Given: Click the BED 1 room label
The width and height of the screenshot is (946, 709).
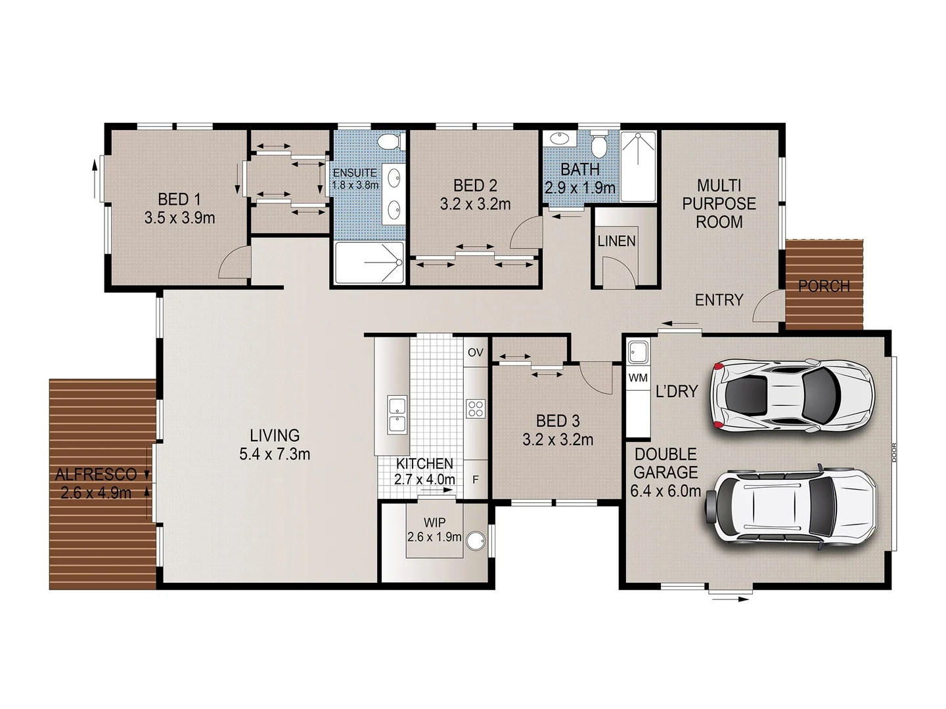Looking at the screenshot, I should tap(179, 199).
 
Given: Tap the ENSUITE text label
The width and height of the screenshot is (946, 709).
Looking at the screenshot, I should tap(355, 174).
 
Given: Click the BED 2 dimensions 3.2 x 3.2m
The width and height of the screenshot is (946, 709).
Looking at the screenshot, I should tap(475, 205).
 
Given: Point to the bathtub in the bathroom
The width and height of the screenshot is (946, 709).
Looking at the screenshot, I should tap(638, 167).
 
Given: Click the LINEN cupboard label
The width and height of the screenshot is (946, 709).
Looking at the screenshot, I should tap(616, 242).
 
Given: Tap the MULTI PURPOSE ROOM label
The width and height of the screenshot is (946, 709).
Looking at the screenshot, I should tap(719, 204).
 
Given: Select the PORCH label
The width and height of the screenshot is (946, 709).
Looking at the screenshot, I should tap(824, 286).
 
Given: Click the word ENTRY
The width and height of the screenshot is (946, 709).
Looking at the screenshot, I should tap(719, 300).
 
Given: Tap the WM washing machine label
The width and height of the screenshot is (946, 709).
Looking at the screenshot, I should tap(638, 378).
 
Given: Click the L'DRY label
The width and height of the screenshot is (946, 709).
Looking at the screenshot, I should tap(677, 391).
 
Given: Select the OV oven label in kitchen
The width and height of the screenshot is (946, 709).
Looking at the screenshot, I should tap(476, 353).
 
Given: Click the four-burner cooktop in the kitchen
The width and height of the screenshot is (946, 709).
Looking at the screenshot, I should tap(475, 409).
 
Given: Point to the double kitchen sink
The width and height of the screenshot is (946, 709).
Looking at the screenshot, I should tap(397, 414).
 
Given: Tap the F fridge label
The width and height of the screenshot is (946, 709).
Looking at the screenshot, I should tap(476, 480).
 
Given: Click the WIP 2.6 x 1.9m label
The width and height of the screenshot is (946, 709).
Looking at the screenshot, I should tap(434, 530).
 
